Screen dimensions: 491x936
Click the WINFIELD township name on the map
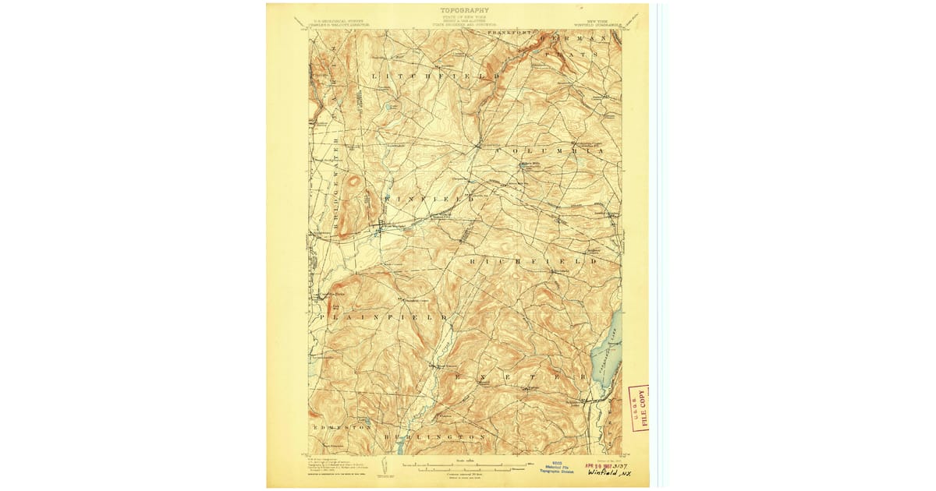(x=428, y=200)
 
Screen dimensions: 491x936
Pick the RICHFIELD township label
(x=535, y=262)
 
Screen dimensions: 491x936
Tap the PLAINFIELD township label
(x=381, y=318)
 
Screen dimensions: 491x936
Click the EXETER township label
(x=519, y=376)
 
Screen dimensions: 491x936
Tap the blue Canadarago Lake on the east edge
(x=605, y=351)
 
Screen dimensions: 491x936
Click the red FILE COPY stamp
(x=640, y=407)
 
